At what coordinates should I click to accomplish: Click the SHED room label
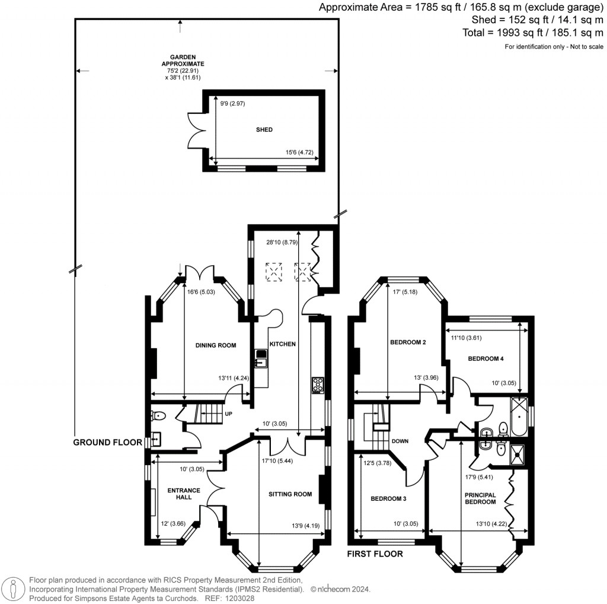264,129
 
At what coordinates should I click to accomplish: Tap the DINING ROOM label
216,345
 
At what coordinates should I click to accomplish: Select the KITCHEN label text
283,344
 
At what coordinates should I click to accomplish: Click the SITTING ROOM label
290,494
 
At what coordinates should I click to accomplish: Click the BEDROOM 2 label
408,342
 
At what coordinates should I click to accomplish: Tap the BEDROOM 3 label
388,499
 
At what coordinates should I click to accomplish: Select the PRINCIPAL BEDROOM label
480,498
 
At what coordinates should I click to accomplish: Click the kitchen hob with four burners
318,385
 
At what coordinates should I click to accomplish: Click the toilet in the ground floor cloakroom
159,415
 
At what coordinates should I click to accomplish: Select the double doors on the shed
194,129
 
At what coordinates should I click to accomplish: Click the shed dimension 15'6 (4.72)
296,153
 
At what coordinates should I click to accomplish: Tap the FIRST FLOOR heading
375,554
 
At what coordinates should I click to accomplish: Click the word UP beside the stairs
228,414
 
